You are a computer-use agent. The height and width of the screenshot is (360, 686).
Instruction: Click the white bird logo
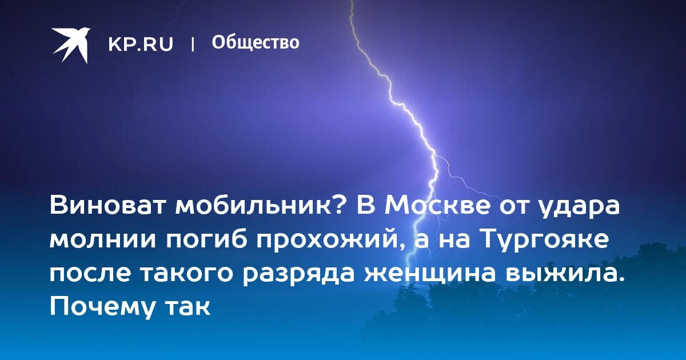point(71,45)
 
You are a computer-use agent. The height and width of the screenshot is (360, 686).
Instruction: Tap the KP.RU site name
point(141,45)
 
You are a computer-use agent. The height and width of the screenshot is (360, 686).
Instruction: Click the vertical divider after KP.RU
point(193,45)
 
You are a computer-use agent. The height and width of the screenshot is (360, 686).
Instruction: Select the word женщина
point(429,274)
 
